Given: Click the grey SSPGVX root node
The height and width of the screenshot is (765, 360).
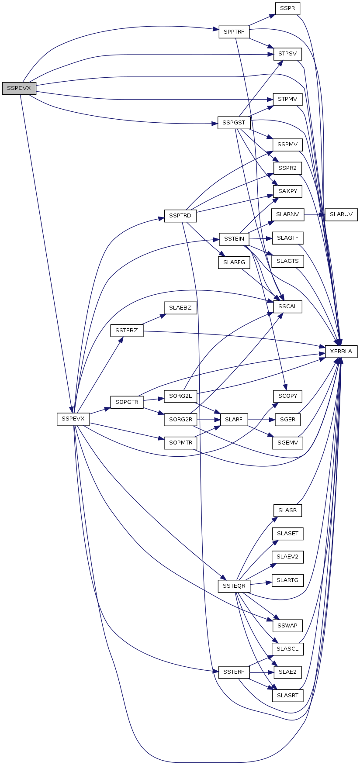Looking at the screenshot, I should click(x=19, y=88).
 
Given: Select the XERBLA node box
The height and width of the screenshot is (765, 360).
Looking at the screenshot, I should click(x=341, y=351).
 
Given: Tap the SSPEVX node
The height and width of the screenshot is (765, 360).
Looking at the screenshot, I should click(x=73, y=419).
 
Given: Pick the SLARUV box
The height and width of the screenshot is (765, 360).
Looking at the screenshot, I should click(x=341, y=215).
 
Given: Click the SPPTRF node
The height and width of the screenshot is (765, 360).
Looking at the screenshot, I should click(x=234, y=32).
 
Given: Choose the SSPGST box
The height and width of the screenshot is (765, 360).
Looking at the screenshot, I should click(x=234, y=123).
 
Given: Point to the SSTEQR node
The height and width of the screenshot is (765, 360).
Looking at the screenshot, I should click(x=234, y=586).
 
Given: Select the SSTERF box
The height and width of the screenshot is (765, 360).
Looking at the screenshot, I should click(x=234, y=672).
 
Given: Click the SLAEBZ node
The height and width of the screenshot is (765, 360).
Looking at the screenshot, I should click(x=180, y=308).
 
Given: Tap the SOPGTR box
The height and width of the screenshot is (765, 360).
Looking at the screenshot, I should click(x=127, y=402).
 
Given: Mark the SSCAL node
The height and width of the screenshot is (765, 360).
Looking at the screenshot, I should click(x=287, y=307).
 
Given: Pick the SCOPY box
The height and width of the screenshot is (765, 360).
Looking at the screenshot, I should click(x=287, y=396).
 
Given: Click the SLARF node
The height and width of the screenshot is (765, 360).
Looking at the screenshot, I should click(x=234, y=420).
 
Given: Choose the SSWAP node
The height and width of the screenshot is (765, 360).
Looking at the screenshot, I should click(x=287, y=626).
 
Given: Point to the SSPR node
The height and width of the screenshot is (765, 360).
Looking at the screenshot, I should click(x=287, y=8).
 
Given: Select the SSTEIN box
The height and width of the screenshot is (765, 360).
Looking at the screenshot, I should click(x=234, y=239).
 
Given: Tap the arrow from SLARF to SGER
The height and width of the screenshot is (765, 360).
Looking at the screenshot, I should click(x=261, y=420).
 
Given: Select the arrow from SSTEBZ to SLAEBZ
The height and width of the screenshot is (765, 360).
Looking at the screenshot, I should click(x=153, y=319).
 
